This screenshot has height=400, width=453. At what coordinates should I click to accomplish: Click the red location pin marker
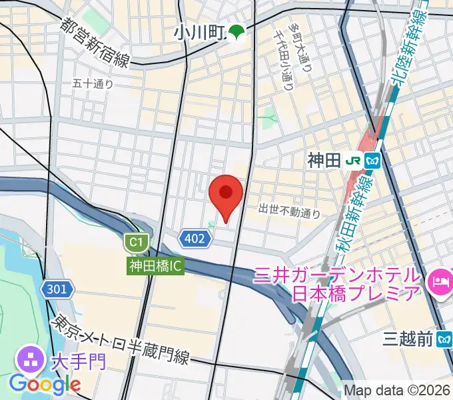point(226,195)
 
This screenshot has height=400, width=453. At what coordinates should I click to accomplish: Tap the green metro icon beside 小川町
point(236,31)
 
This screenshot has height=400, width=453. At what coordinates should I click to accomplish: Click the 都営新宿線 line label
point(95,44)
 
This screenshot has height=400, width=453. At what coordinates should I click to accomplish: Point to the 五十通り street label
point(93,84)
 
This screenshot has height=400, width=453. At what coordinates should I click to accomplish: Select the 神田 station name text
point(324,160)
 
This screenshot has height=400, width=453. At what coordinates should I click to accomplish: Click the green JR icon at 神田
point(354,160)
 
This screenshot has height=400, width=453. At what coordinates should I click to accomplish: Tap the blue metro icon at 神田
point(372,160)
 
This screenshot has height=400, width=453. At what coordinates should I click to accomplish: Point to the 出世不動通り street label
point(290,211)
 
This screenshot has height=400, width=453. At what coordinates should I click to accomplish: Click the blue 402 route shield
point(193,238)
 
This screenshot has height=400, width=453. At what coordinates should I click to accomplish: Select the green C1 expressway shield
point(137,241)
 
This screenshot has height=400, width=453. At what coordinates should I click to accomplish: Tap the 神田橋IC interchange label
point(155,265)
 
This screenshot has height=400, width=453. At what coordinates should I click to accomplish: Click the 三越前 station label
point(408,340)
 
